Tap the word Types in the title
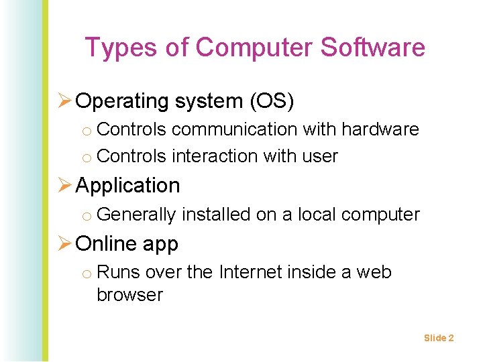pyautogui.click(x=113, y=48)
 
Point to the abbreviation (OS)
pyautogui.click(x=272, y=101)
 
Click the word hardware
pyautogui.click(x=380, y=129)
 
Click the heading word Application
pyautogui.click(x=128, y=186)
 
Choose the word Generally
pyautogui.click(x=137, y=215)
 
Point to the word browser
pyautogui.click(x=130, y=295)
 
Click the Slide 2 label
pyautogui.click(x=439, y=338)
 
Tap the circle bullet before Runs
pyautogui.click(x=87, y=274)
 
